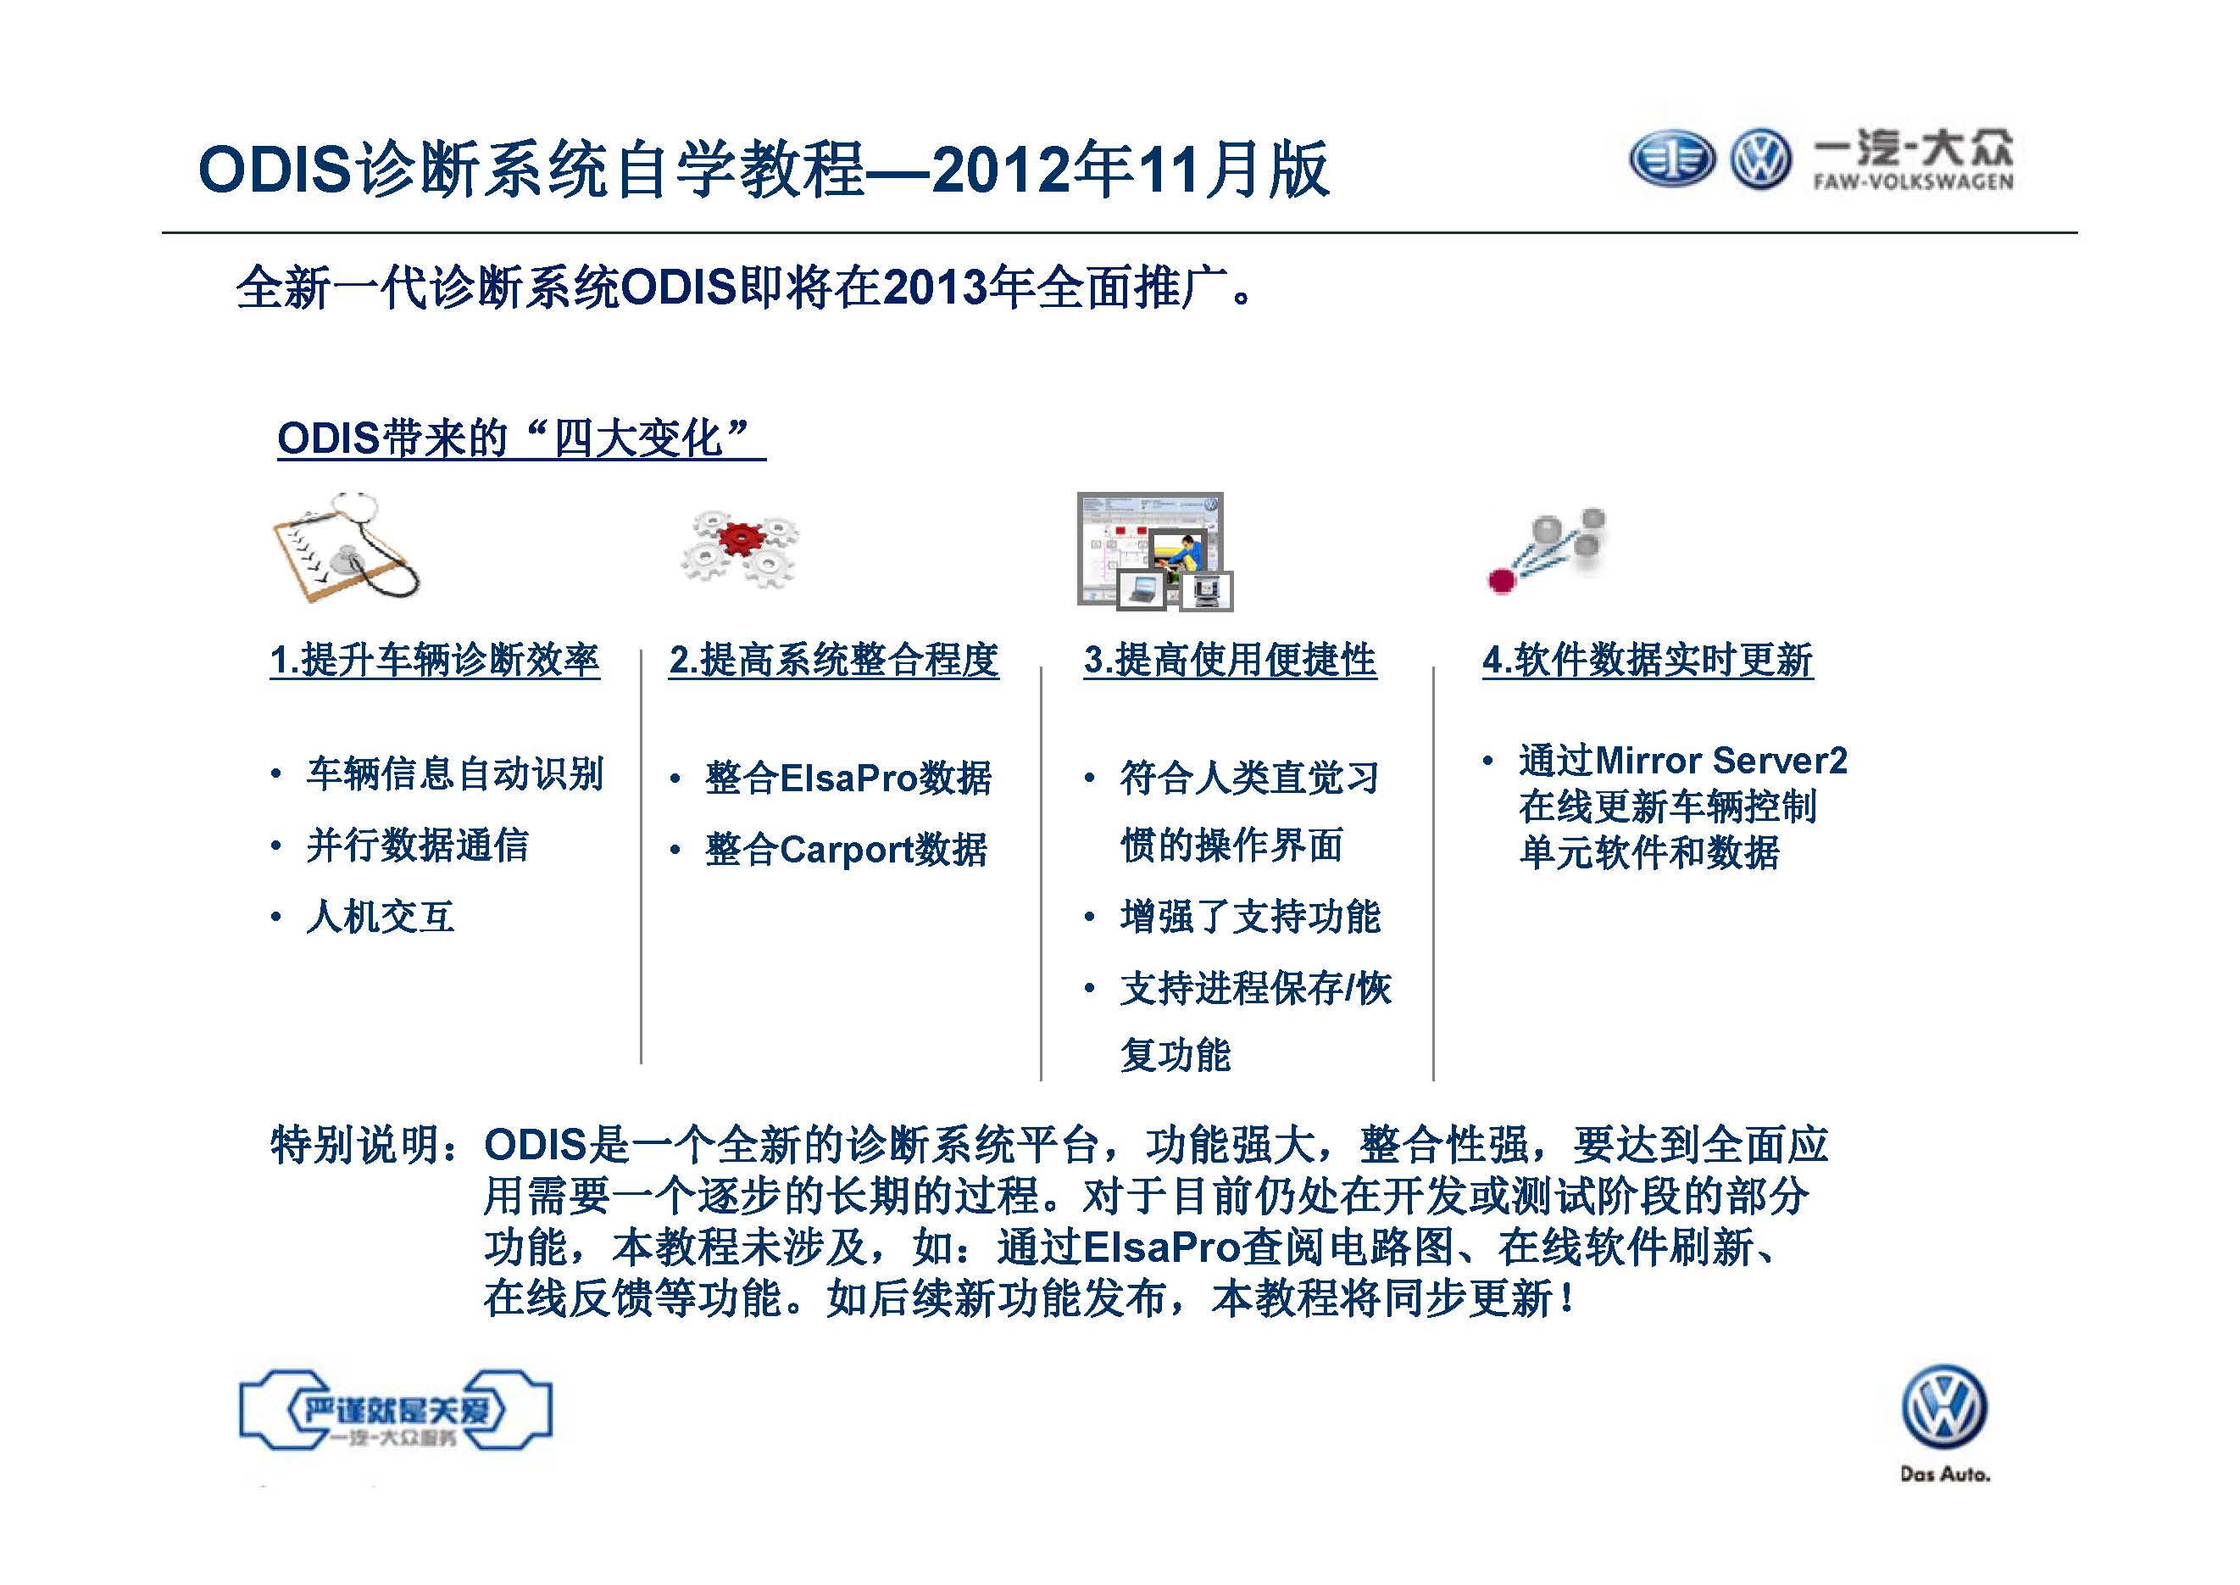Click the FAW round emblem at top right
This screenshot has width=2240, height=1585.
1671,159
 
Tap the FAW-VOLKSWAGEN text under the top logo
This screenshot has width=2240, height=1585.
1913,181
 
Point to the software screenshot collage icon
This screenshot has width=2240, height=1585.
1155,551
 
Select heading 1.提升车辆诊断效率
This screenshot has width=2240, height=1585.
435,661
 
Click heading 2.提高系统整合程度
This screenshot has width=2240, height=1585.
834,661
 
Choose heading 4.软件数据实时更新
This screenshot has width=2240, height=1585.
1648,661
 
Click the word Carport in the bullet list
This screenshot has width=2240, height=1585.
846,850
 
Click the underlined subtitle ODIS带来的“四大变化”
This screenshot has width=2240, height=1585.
521,438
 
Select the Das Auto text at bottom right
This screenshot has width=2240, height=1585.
1944,1474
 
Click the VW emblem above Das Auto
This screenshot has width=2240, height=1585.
1944,1406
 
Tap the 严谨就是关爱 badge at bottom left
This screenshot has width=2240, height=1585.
396,1410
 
